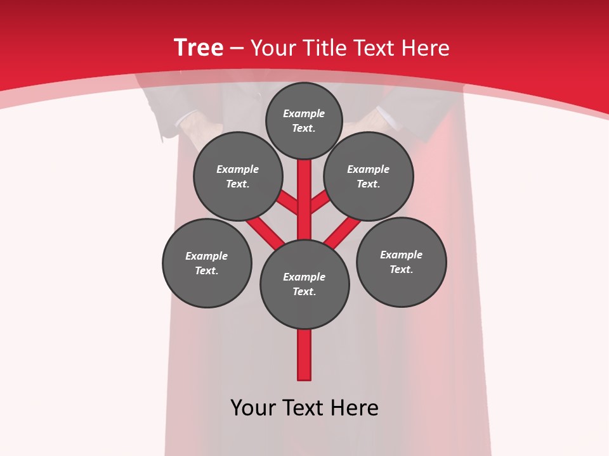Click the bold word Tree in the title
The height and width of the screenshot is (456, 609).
coord(199,47)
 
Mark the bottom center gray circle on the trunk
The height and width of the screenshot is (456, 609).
coord(304,304)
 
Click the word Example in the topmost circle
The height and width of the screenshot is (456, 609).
coord(304,113)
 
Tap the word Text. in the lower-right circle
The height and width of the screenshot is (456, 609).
coord(401,269)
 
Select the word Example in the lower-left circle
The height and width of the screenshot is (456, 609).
coord(206,256)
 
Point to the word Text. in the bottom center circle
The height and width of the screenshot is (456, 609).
coord(304,291)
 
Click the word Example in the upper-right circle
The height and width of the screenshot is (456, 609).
coord(368,169)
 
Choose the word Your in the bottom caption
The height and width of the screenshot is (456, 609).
coord(253,407)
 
